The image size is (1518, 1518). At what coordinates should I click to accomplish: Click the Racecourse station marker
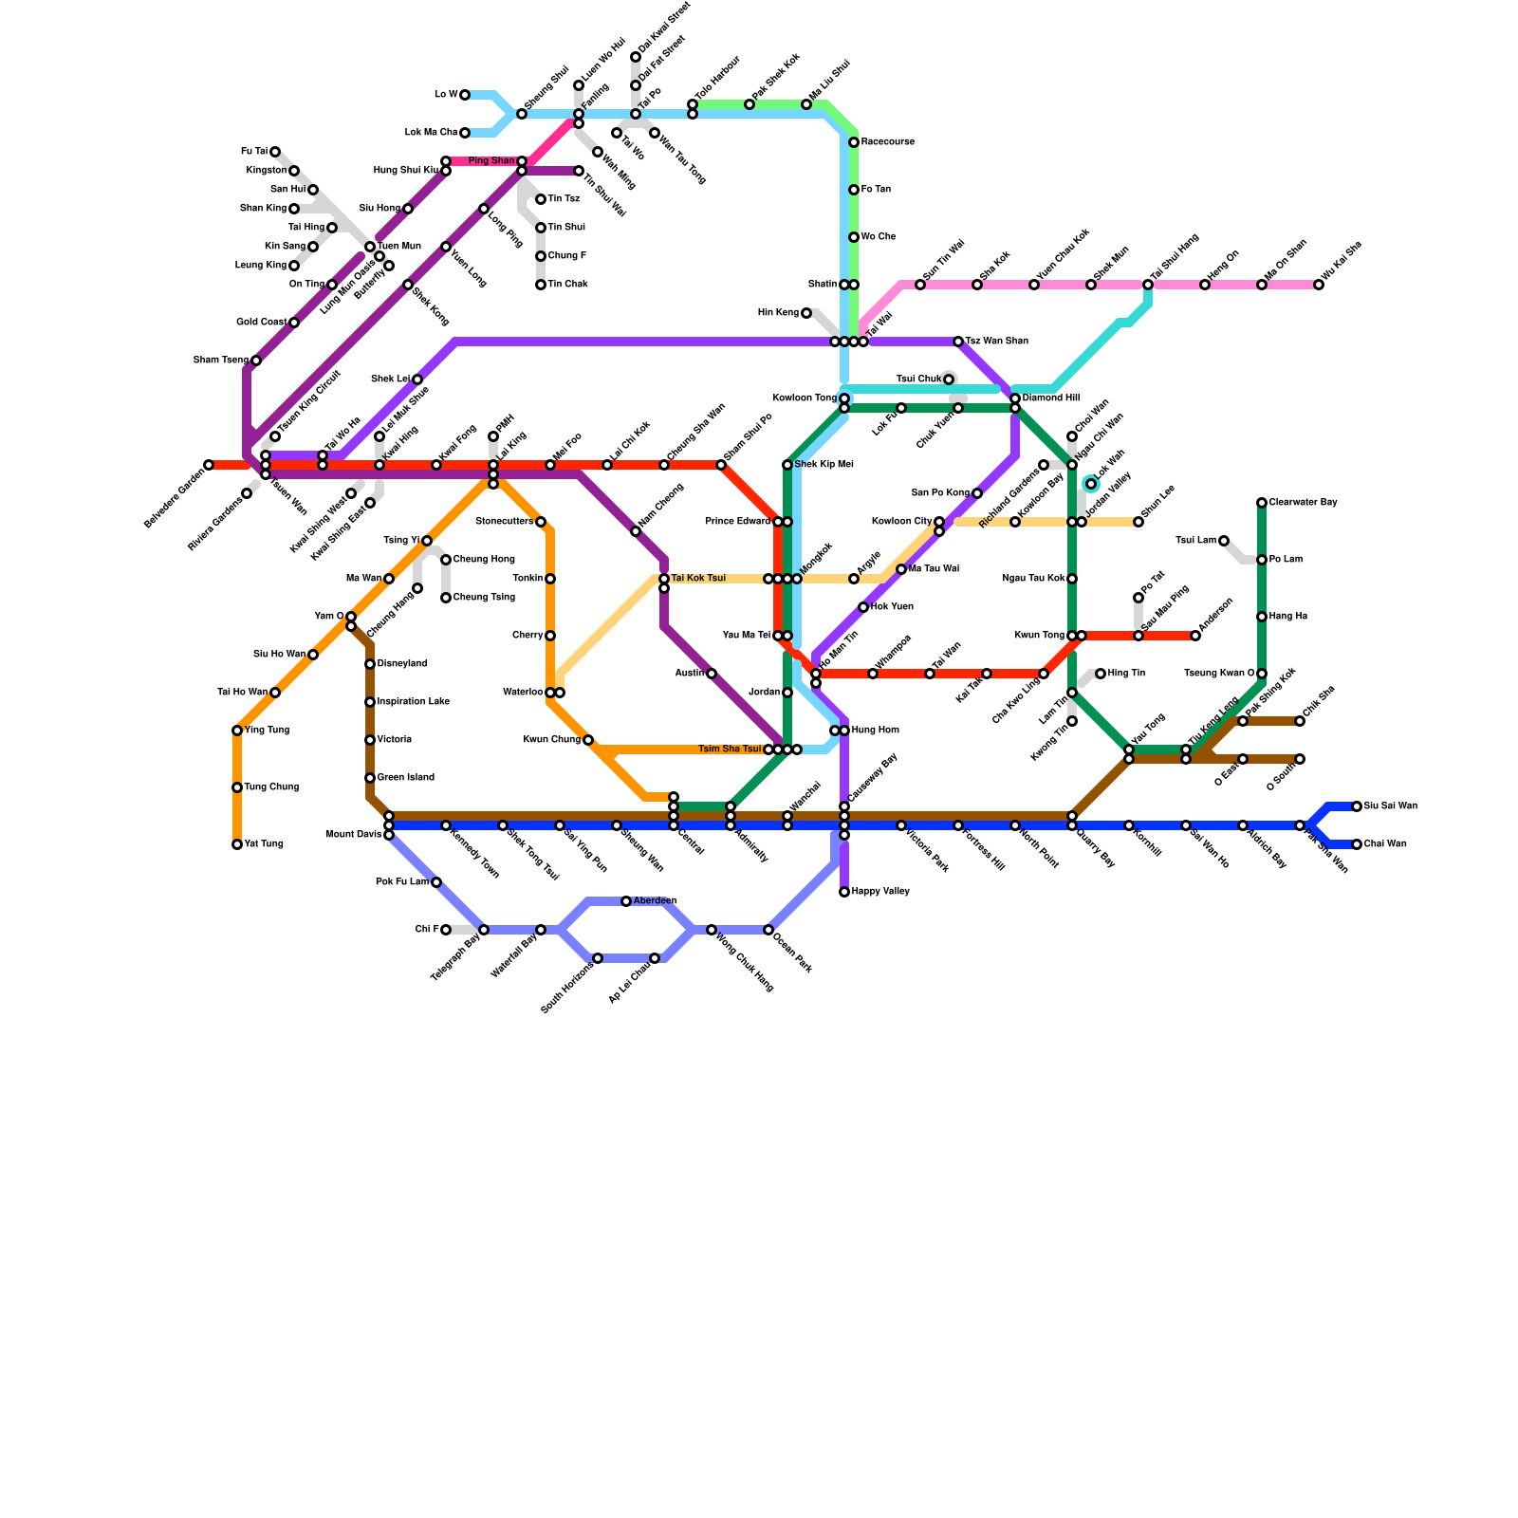pyautogui.click(x=854, y=142)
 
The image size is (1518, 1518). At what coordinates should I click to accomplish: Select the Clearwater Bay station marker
pyautogui.click(x=1262, y=503)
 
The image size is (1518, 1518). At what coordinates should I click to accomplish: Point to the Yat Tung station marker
pyautogui.click(x=237, y=844)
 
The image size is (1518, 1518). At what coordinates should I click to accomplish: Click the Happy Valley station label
pyautogui.click(x=880, y=892)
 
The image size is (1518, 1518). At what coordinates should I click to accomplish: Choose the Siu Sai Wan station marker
pyautogui.click(x=1357, y=806)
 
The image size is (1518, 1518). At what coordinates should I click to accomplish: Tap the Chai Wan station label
pyautogui.click(x=1385, y=844)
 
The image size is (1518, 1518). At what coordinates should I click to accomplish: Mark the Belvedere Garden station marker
pyautogui.click(x=209, y=465)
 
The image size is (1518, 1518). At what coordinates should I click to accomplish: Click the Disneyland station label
pyautogui.click(x=402, y=664)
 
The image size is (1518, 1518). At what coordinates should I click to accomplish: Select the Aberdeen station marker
pyautogui.click(x=626, y=901)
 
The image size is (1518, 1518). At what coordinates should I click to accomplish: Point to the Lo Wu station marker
pyautogui.click(x=465, y=95)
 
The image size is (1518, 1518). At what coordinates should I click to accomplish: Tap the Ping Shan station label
pyautogui.click(x=491, y=161)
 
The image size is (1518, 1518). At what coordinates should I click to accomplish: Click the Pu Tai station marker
pyautogui.click(x=275, y=152)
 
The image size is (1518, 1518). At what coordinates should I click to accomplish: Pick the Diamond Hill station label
pyautogui.click(x=1050, y=398)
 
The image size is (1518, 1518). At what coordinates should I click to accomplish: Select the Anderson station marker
pyautogui.click(x=1195, y=636)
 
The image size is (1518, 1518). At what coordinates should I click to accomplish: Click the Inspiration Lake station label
pyautogui.click(x=413, y=702)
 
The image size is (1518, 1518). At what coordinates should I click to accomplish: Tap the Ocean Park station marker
pyautogui.click(x=768, y=930)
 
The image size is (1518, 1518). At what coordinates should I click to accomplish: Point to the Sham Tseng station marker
pyautogui.click(x=256, y=361)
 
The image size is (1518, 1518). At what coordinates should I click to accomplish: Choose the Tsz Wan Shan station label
pyautogui.click(x=996, y=342)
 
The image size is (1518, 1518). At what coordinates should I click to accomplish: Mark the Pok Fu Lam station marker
pyautogui.click(x=436, y=882)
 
